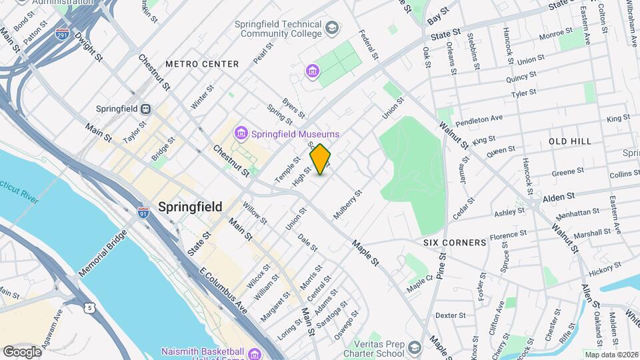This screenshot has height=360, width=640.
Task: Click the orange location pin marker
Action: click(321, 159)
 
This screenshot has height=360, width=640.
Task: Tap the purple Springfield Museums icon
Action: click(240, 135)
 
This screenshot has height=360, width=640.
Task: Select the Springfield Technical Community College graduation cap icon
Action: click(331, 29)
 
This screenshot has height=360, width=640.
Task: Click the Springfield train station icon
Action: click(145, 109)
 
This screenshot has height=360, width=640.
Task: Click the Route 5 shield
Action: click(89, 307)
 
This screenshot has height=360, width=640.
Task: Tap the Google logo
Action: click(22, 351)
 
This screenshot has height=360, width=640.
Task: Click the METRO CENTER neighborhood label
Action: click(202, 64)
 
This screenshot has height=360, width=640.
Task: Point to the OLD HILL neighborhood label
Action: click(570, 142)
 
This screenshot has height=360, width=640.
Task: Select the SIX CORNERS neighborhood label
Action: click(455, 243)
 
